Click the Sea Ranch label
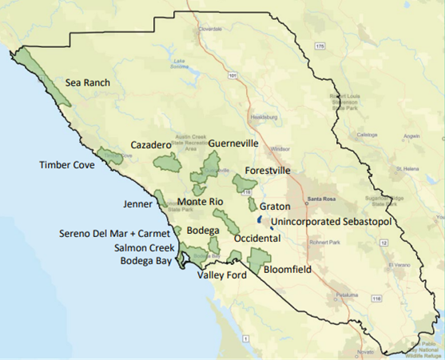point(88,82)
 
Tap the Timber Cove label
point(66,165)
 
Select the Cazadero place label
point(151,145)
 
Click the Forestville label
point(268,171)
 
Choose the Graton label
point(275,206)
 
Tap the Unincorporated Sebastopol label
point(331,220)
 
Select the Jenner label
point(137,204)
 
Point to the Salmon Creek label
point(144,248)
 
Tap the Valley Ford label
point(222,275)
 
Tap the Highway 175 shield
point(320,47)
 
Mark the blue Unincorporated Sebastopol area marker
point(260,219)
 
